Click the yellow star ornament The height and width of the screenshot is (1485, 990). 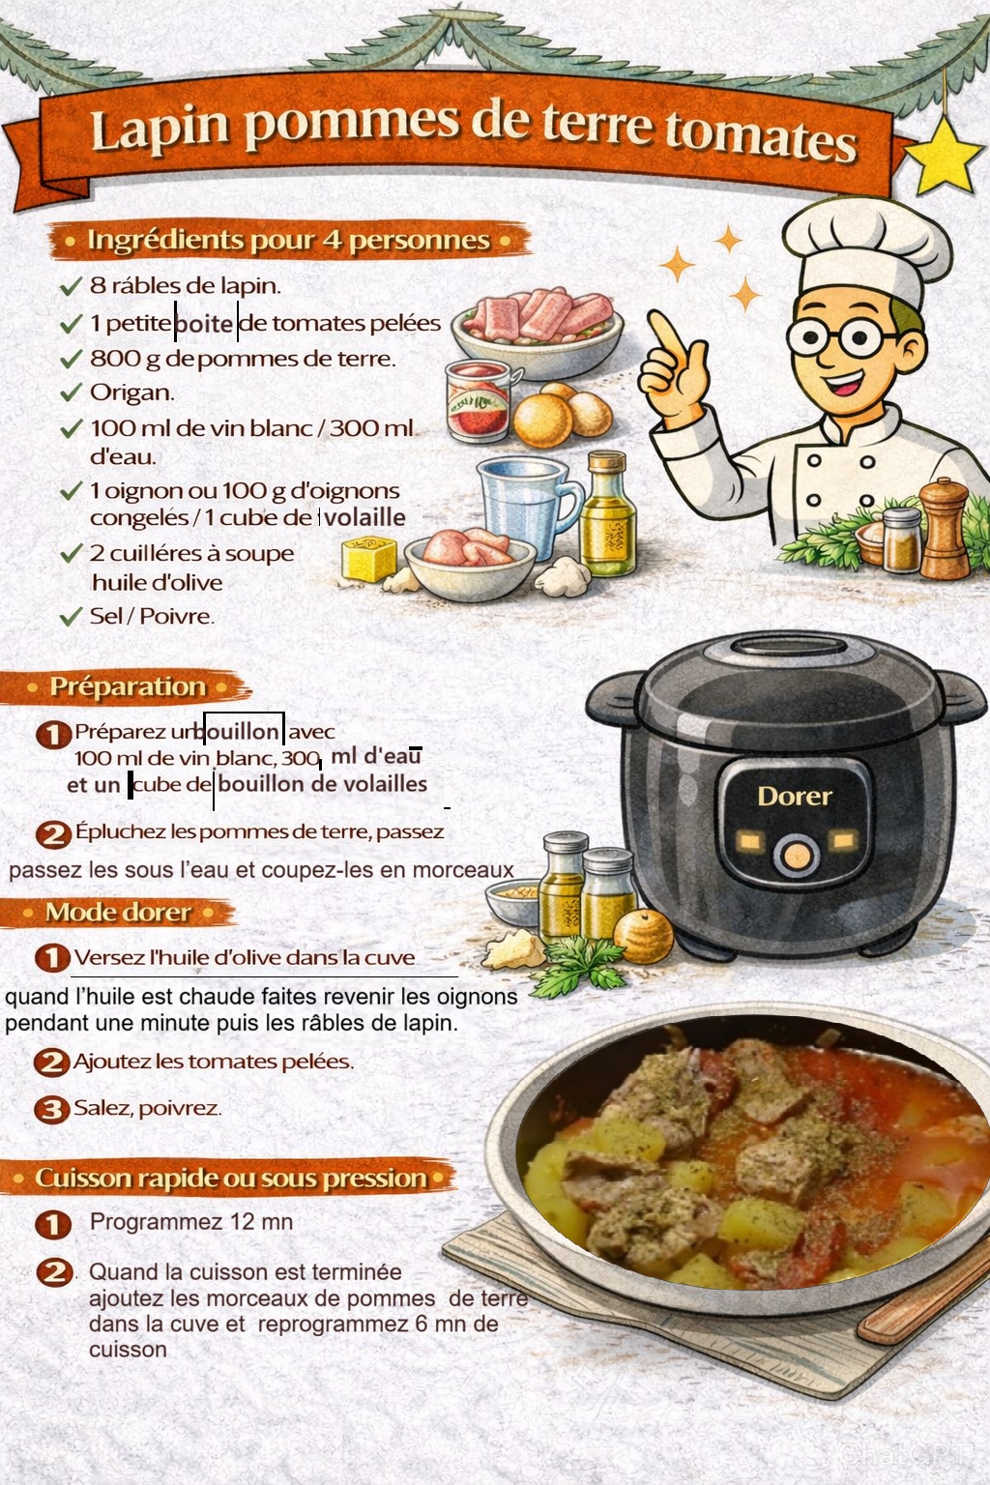(x=943, y=155)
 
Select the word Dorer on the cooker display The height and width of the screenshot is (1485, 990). (x=795, y=797)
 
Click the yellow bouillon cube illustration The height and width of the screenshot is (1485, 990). (x=368, y=559)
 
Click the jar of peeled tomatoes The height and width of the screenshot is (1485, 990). (x=479, y=400)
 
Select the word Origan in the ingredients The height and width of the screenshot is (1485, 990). (x=131, y=393)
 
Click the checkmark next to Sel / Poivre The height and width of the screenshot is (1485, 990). (x=71, y=617)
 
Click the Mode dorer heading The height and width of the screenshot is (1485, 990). (x=118, y=913)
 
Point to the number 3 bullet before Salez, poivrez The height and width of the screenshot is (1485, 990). (x=51, y=1109)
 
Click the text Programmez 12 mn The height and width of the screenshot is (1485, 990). (x=191, y=1221)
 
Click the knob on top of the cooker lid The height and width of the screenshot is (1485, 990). (x=788, y=645)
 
